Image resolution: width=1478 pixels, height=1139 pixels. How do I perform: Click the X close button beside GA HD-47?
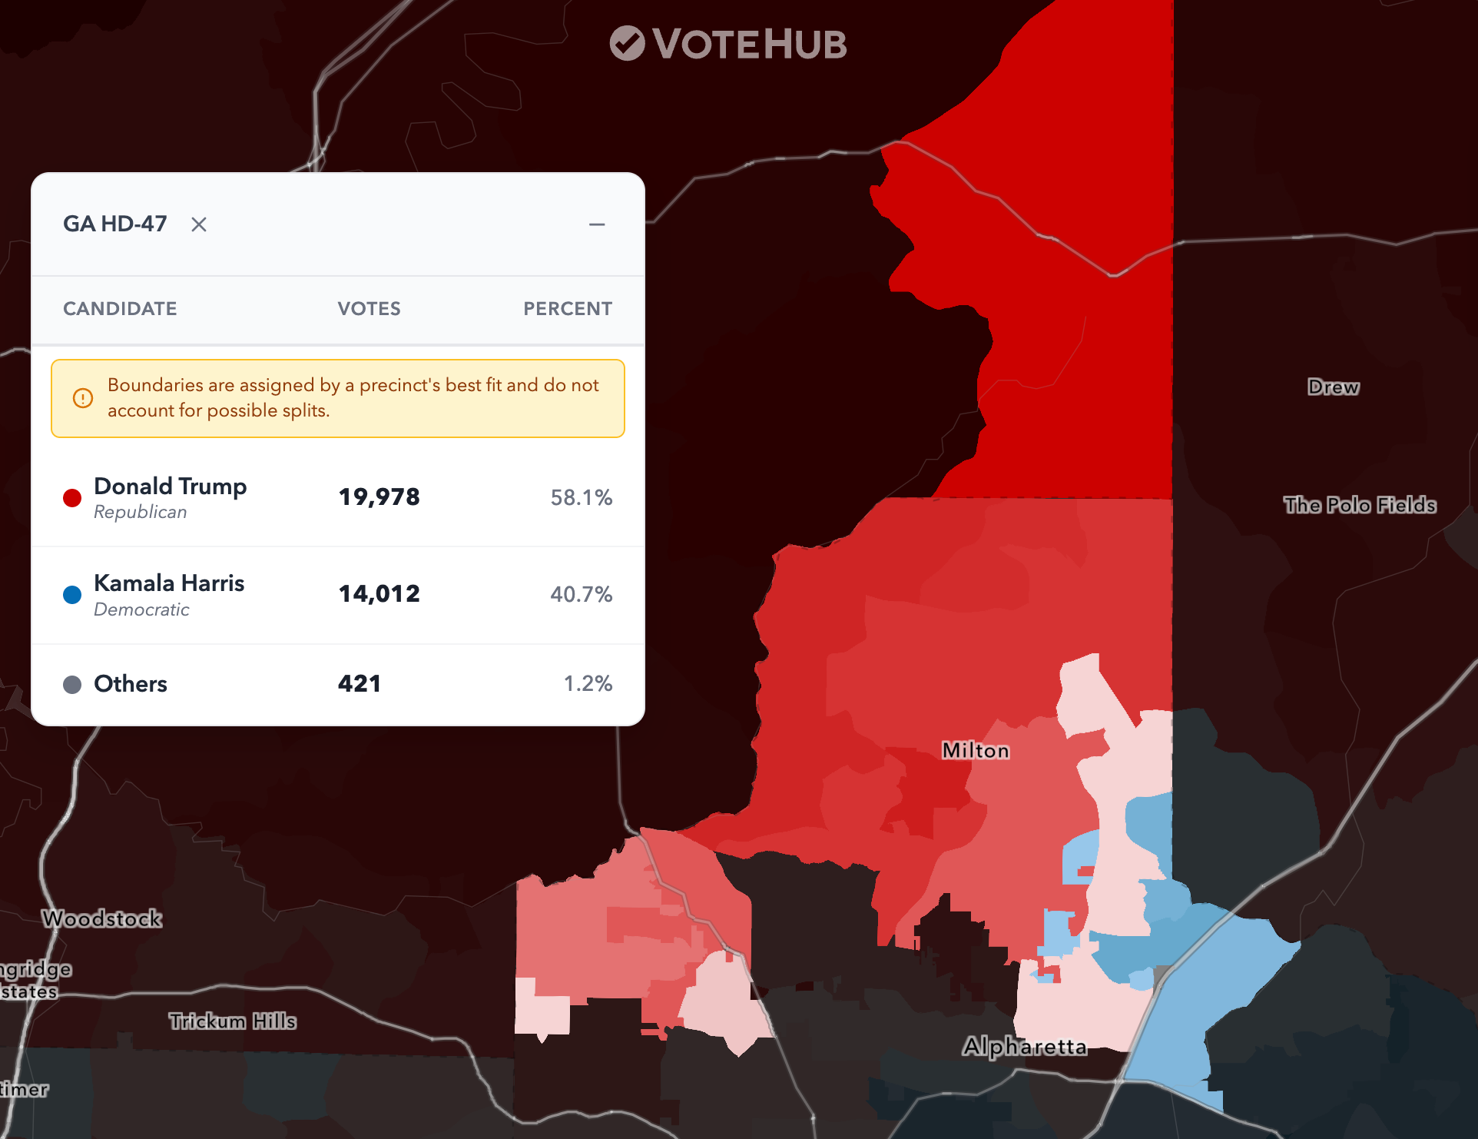(x=199, y=224)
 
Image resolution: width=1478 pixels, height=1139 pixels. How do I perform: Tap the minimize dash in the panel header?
(x=597, y=224)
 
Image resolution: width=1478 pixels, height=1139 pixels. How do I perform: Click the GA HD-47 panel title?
(x=115, y=224)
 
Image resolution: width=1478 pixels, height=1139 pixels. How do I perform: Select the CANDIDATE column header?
(x=120, y=309)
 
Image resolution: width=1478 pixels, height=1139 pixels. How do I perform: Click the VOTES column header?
(x=369, y=309)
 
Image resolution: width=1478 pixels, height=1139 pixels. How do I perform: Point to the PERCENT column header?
(x=568, y=309)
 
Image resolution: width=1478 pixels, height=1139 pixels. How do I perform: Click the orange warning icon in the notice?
(x=83, y=398)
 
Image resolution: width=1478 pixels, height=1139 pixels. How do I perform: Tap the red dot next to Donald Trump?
(x=72, y=498)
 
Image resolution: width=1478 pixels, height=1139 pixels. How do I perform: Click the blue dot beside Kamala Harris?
(x=72, y=595)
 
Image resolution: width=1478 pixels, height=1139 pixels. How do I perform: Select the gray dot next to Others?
(x=72, y=685)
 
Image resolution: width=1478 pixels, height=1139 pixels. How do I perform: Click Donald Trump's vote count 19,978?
(x=379, y=497)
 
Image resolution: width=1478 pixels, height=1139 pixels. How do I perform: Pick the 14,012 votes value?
(x=379, y=594)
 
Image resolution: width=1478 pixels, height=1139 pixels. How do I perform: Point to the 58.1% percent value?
(x=581, y=498)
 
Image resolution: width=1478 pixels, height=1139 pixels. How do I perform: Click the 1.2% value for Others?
(x=588, y=684)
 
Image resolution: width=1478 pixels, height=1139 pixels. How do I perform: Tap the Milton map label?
(x=976, y=750)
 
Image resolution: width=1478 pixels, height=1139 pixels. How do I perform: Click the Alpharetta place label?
(x=1025, y=1047)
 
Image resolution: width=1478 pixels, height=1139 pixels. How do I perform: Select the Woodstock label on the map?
(x=102, y=919)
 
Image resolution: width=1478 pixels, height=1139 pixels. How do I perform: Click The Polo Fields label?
(x=1360, y=505)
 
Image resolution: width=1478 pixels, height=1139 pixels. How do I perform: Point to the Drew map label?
(x=1334, y=387)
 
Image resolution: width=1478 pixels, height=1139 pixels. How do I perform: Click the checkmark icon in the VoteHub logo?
(x=627, y=43)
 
